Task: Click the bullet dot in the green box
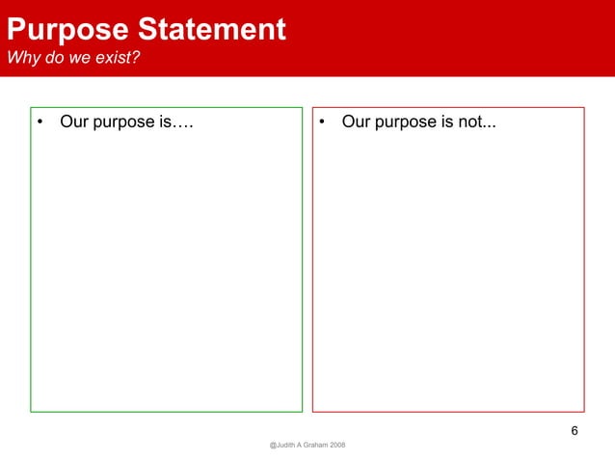click(41, 123)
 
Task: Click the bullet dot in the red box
click(323, 123)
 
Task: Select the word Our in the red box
click(357, 122)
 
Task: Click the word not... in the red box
click(477, 122)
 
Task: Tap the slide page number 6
click(575, 430)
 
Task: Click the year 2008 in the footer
click(337, 445)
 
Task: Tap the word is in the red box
click(447, 122)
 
